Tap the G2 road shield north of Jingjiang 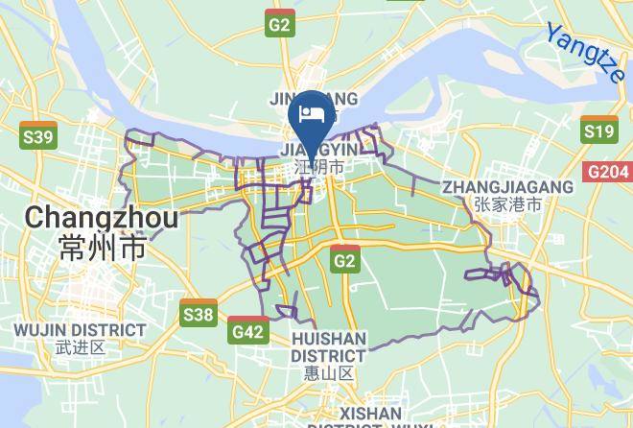click(280, 26)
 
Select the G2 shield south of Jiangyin click(345, 260)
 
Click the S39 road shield click(38, 137)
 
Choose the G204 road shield click(608, 172)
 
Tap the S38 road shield click(198, 314)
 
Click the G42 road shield click(248, 331)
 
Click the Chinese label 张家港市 click(507, 204)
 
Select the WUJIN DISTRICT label click(80, 330)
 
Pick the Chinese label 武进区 click(80, 347)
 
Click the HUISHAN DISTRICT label click(328, 347)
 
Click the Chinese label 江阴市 click(318, 167)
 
